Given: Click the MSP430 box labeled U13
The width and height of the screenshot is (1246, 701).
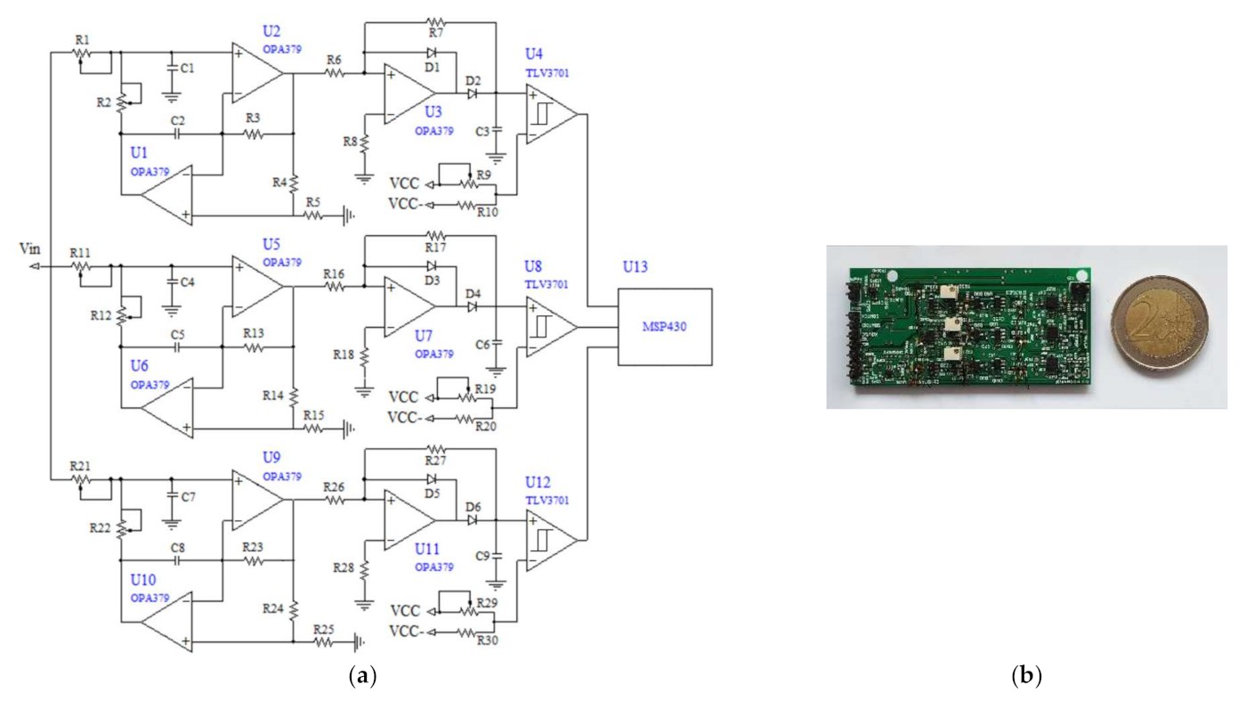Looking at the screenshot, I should (665, 326).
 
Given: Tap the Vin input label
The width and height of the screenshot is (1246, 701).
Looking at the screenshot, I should (29, 250).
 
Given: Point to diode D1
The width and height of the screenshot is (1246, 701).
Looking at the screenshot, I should (432, 53).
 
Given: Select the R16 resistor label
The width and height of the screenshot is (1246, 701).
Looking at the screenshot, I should (335, 273).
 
